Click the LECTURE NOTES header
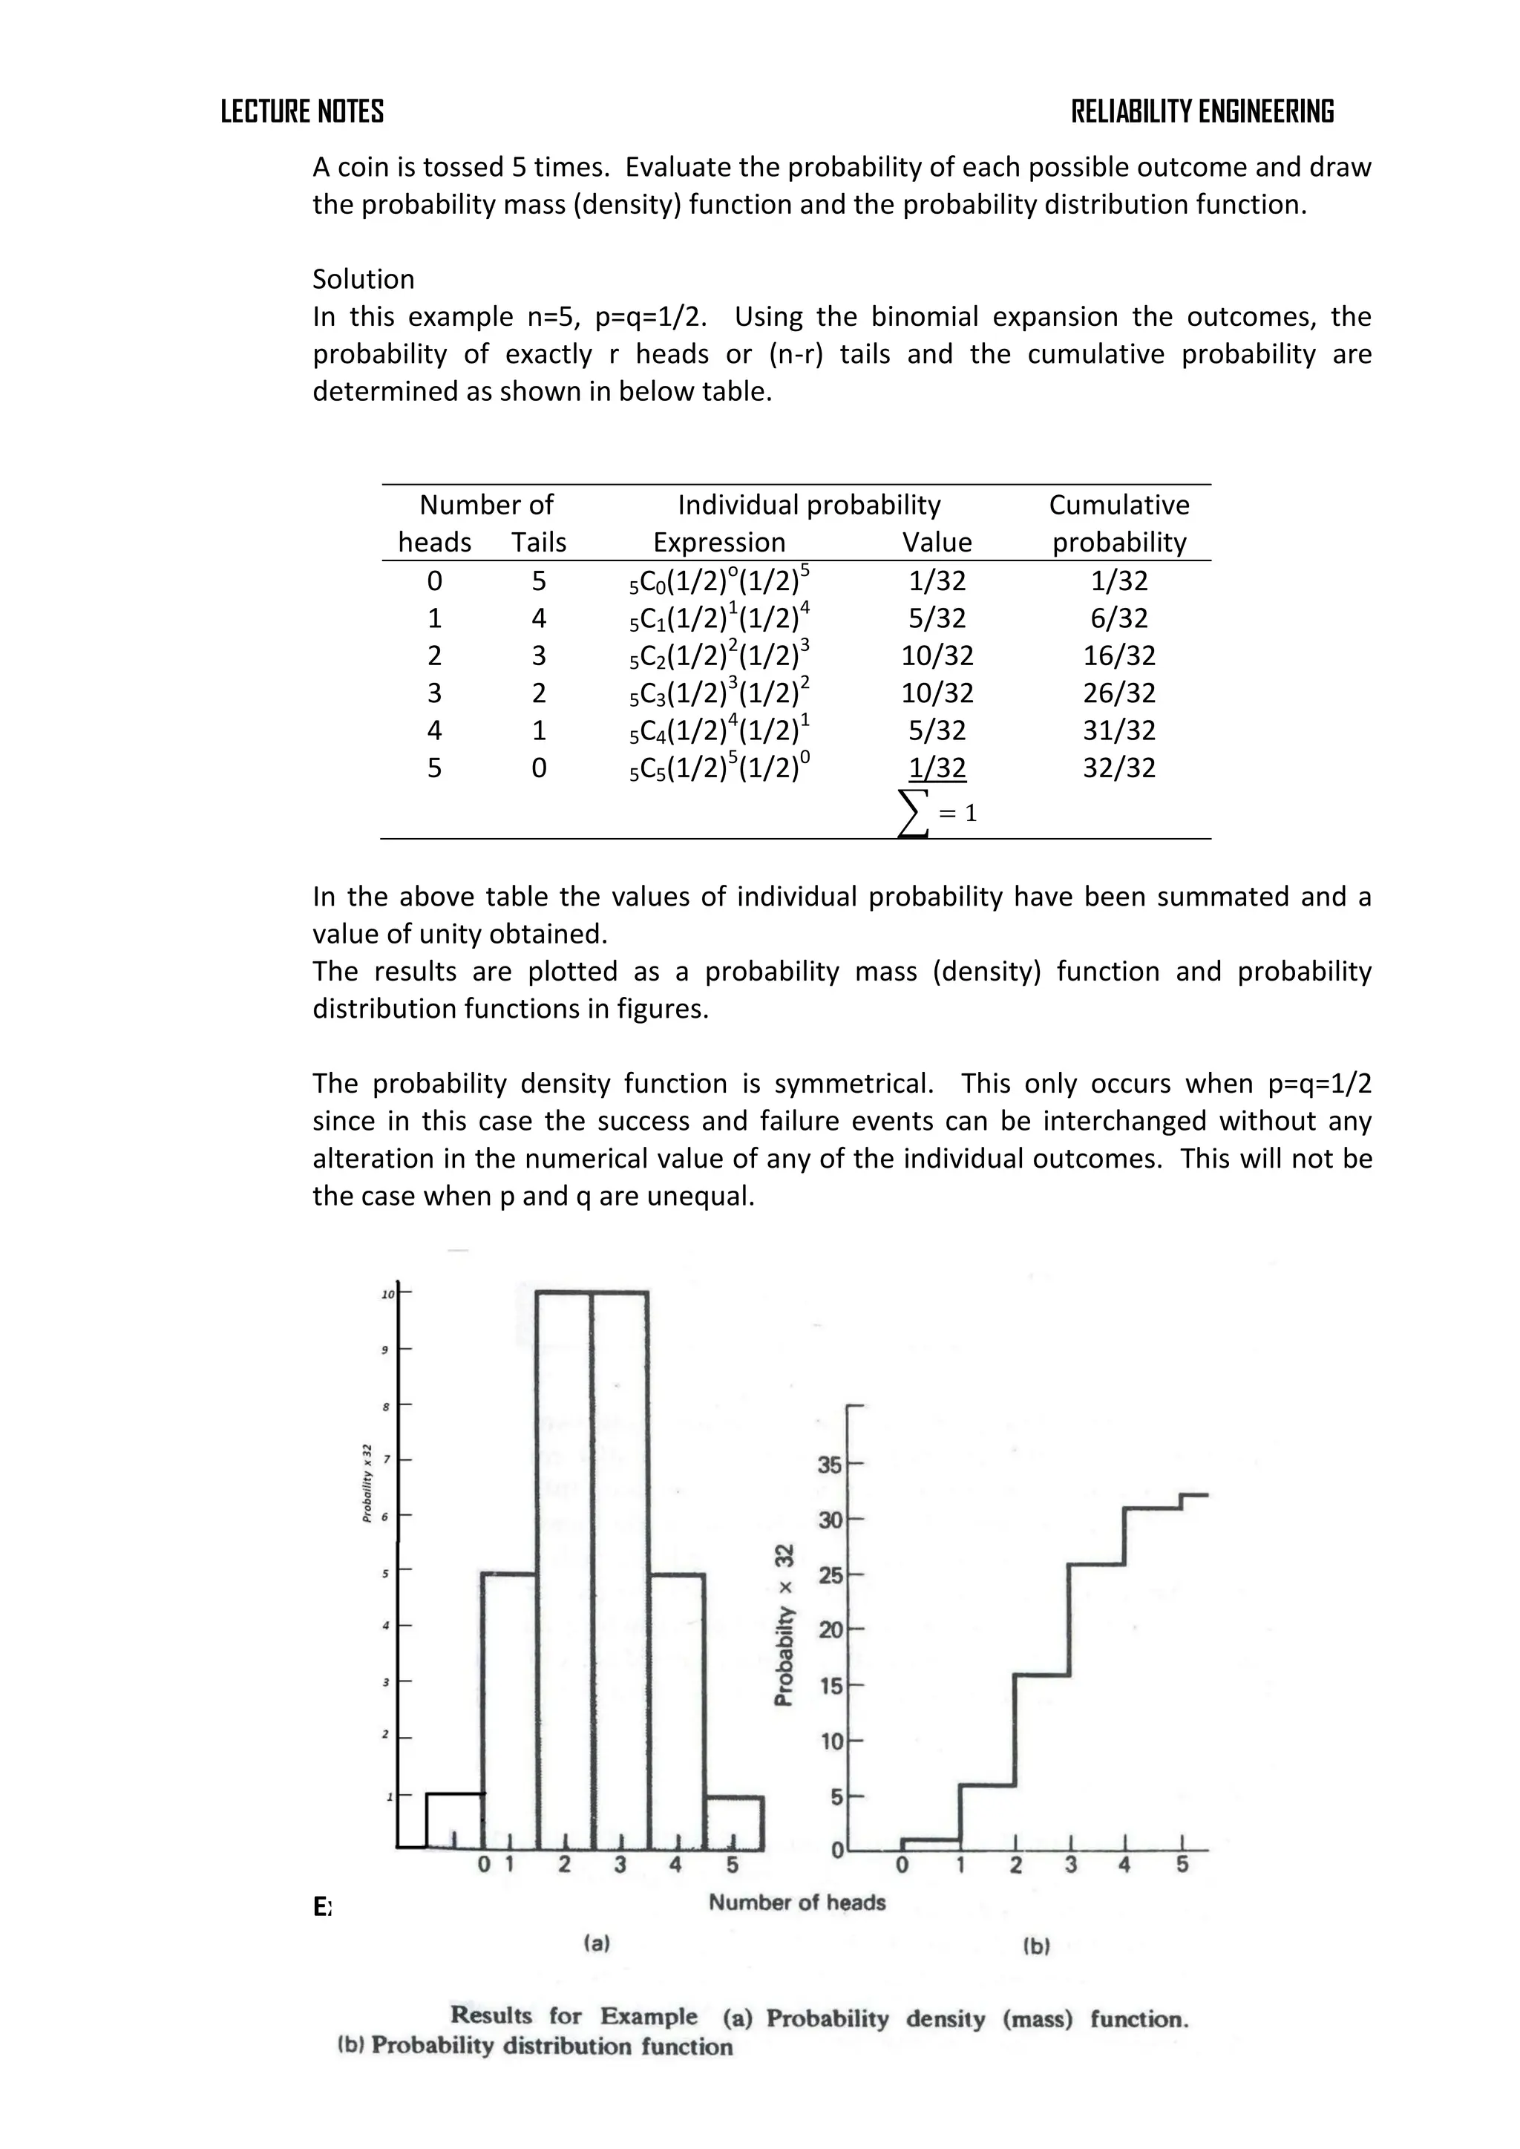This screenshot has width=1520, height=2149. tap(301, 111)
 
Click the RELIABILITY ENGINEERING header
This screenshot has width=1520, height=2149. tap(1202, 111)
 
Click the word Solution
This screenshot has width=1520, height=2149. tap(363, 279)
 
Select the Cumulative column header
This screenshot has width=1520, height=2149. tap(1118, 506)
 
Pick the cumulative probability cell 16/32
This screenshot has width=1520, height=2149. tap(1118, 655)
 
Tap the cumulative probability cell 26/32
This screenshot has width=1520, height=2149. tap(1118, 693)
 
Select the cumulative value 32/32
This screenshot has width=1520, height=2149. tap(1118, 768)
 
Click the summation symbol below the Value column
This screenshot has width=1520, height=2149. tap(914, 811)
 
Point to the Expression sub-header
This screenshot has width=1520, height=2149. tap(719, 543)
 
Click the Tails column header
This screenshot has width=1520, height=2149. tap(538, 543)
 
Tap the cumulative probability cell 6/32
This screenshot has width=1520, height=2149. tap(1118, 618)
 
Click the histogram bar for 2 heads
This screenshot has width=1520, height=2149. tap(563, 1572)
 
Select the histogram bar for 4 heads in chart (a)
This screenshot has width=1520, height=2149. tap(676, 1713)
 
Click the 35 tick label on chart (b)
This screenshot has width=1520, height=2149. tap(831, 1465)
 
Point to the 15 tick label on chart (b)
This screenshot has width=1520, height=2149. tap(831, 1687)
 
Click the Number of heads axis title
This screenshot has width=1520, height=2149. tap(796, 1902)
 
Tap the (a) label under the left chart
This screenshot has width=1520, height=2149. tap(596, 1943)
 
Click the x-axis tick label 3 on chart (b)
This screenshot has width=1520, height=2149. tap(1071, 1865)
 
